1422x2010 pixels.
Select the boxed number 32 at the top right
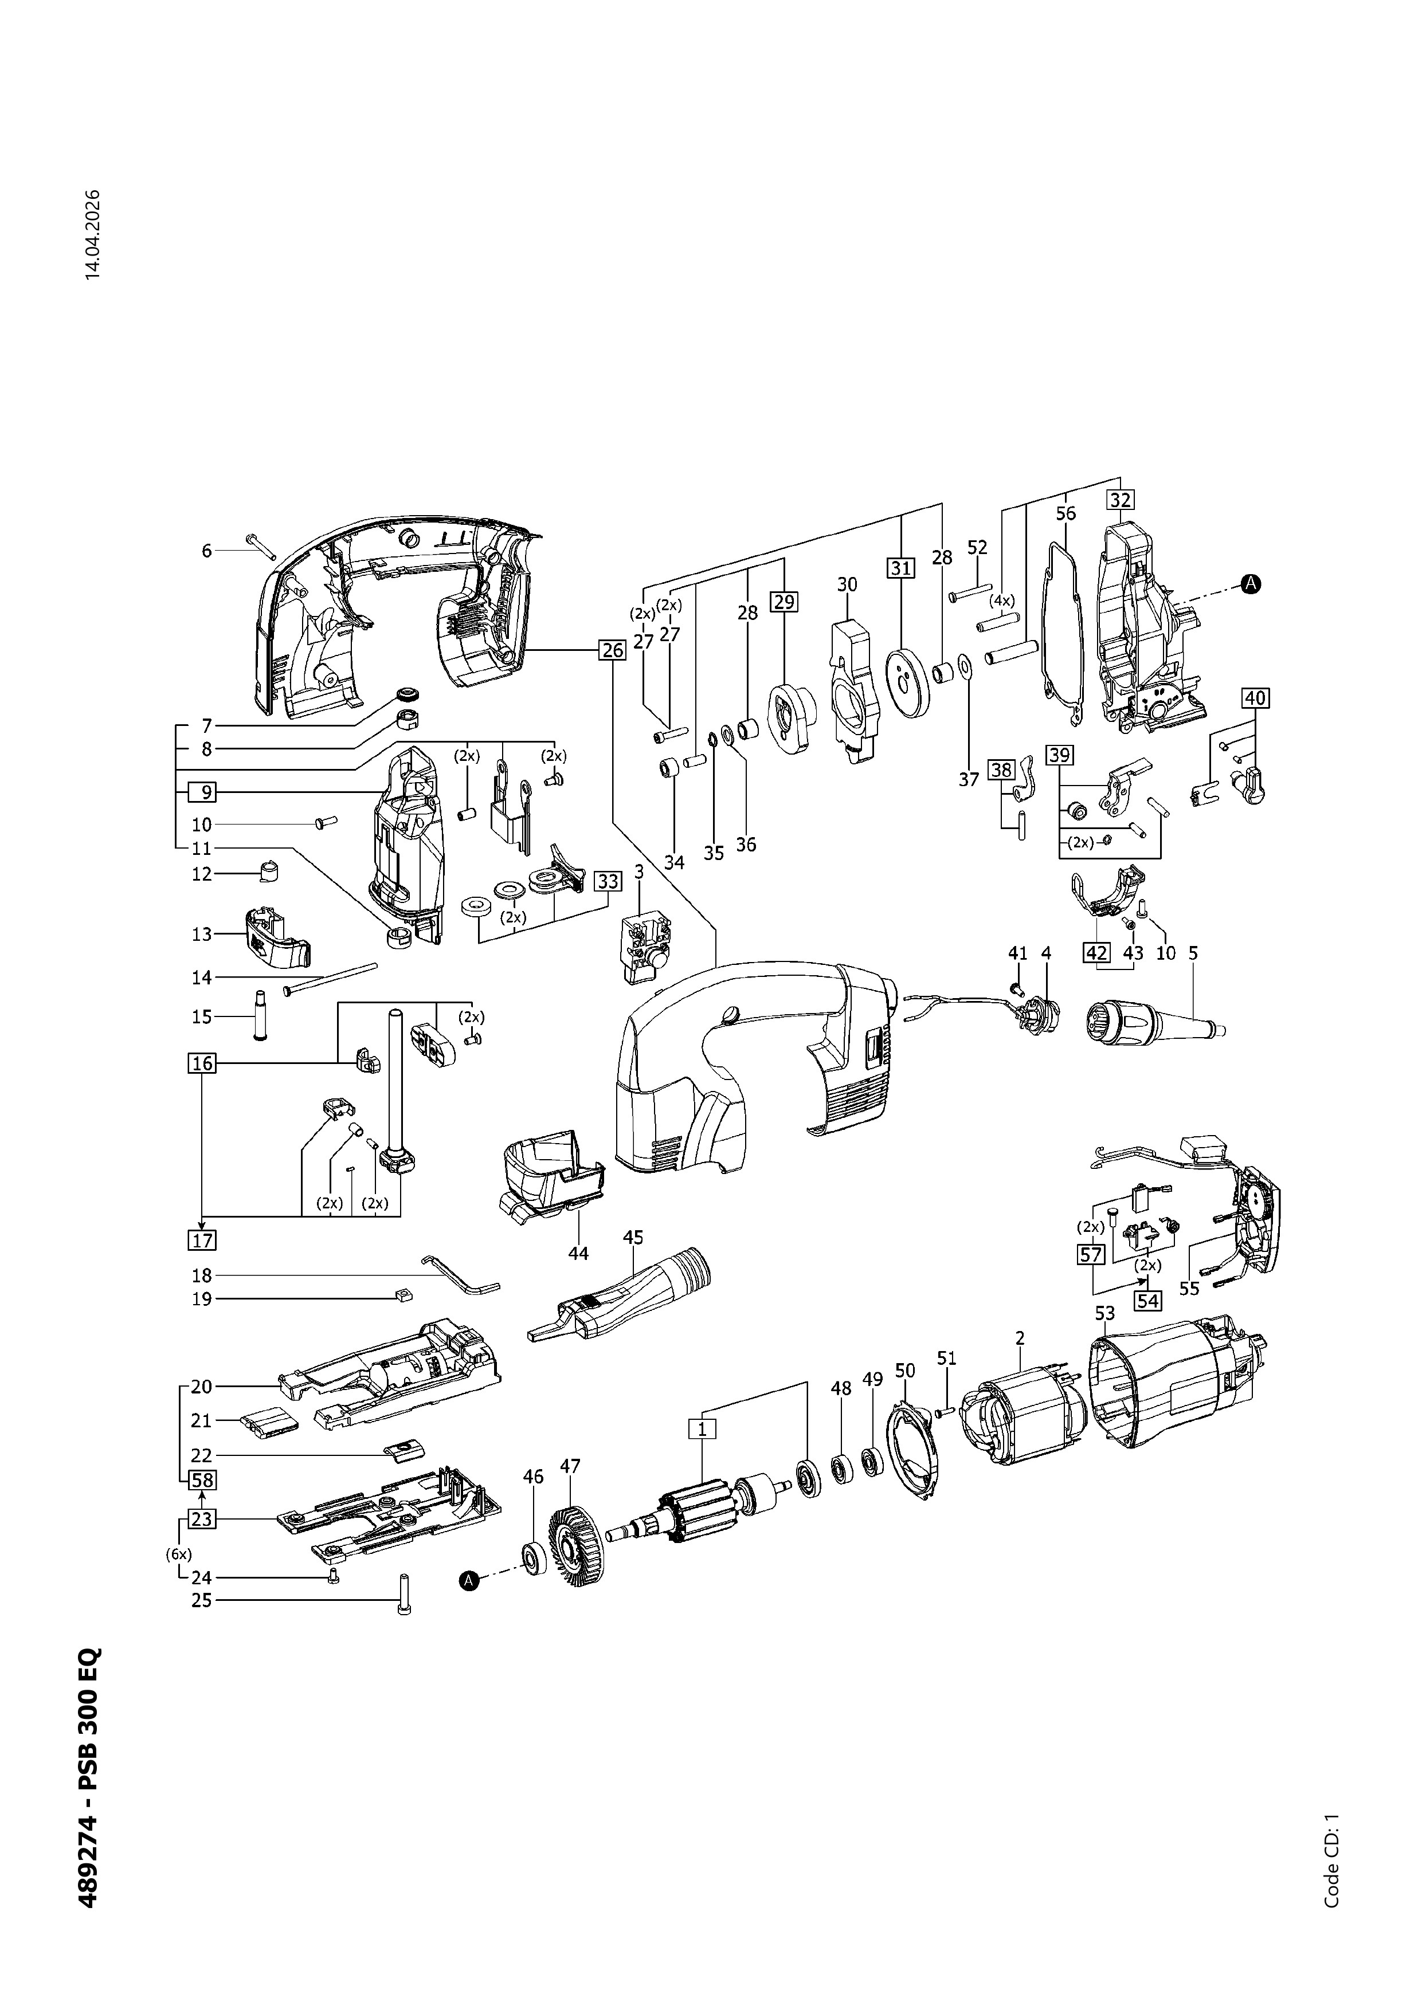pyautogui.click(x=1120, y=500)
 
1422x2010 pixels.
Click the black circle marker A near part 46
pyautogui.click(x=469, y=1580)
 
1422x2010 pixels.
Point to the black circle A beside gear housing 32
pyautogui.click(x=1252, y=583)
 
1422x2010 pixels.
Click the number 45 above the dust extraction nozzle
pyautogui.click(x=633, y=1237)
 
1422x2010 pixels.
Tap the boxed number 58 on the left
pyautogui.click(x=202, y=1481)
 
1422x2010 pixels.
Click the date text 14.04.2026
pyautogui.click(x=93, y=234)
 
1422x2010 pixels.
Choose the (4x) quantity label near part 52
pyautogui.click(x=1002, y=602)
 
